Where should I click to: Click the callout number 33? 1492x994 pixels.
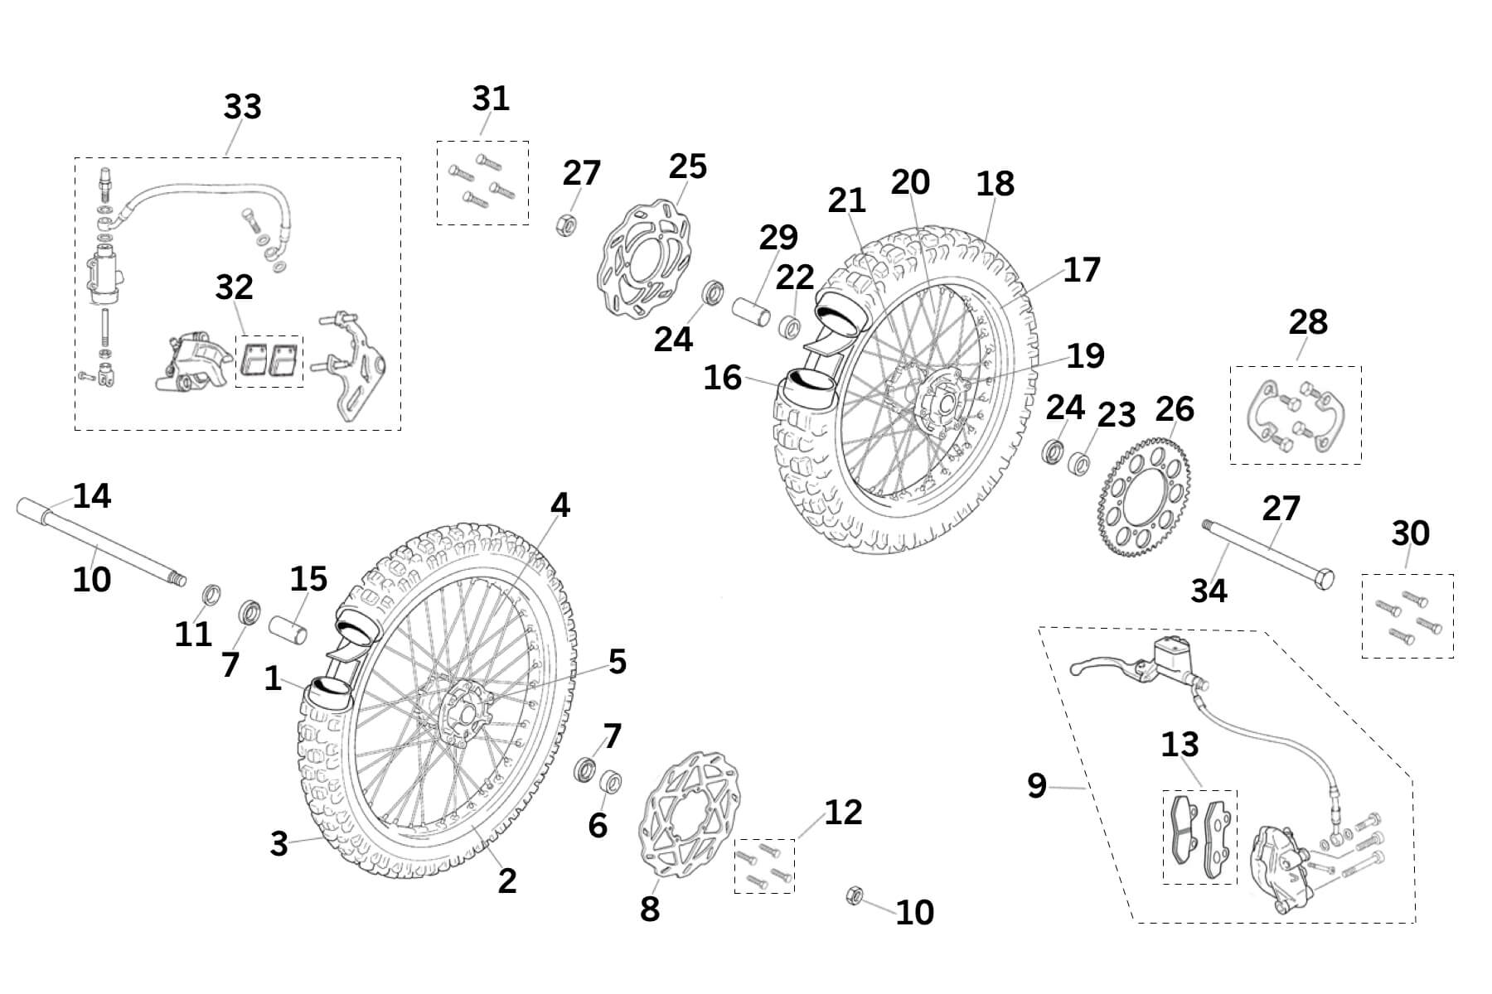pyautogui.click(x=242, y=107)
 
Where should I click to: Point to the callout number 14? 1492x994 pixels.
pyautogui.click(x=91, y=496)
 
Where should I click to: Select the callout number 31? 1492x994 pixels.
pyautogui.click(x=491, y=99)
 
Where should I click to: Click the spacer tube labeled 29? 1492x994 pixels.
pyautogui.click(x=752, y=314)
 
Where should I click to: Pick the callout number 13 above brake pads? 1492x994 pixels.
pyautogui.click(x=1179, y=745)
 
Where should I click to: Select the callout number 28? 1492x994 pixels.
pyautogui.click(x=1307, y=321)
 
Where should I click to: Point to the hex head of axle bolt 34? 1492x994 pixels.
pyautogui.click(x=1324, y=579)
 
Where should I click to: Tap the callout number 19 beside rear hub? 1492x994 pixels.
pyautogui.click(x=1084, y=355)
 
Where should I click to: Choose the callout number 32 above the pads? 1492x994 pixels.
pyautogui.click(x=234, y=287)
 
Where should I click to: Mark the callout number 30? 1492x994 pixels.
pyautogui.click(x=1409, y=533)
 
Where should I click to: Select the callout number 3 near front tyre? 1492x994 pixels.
pyautogui.click(x=279, y=844)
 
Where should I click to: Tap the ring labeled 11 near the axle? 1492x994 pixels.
pyautogui.click(x=212, y=594)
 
